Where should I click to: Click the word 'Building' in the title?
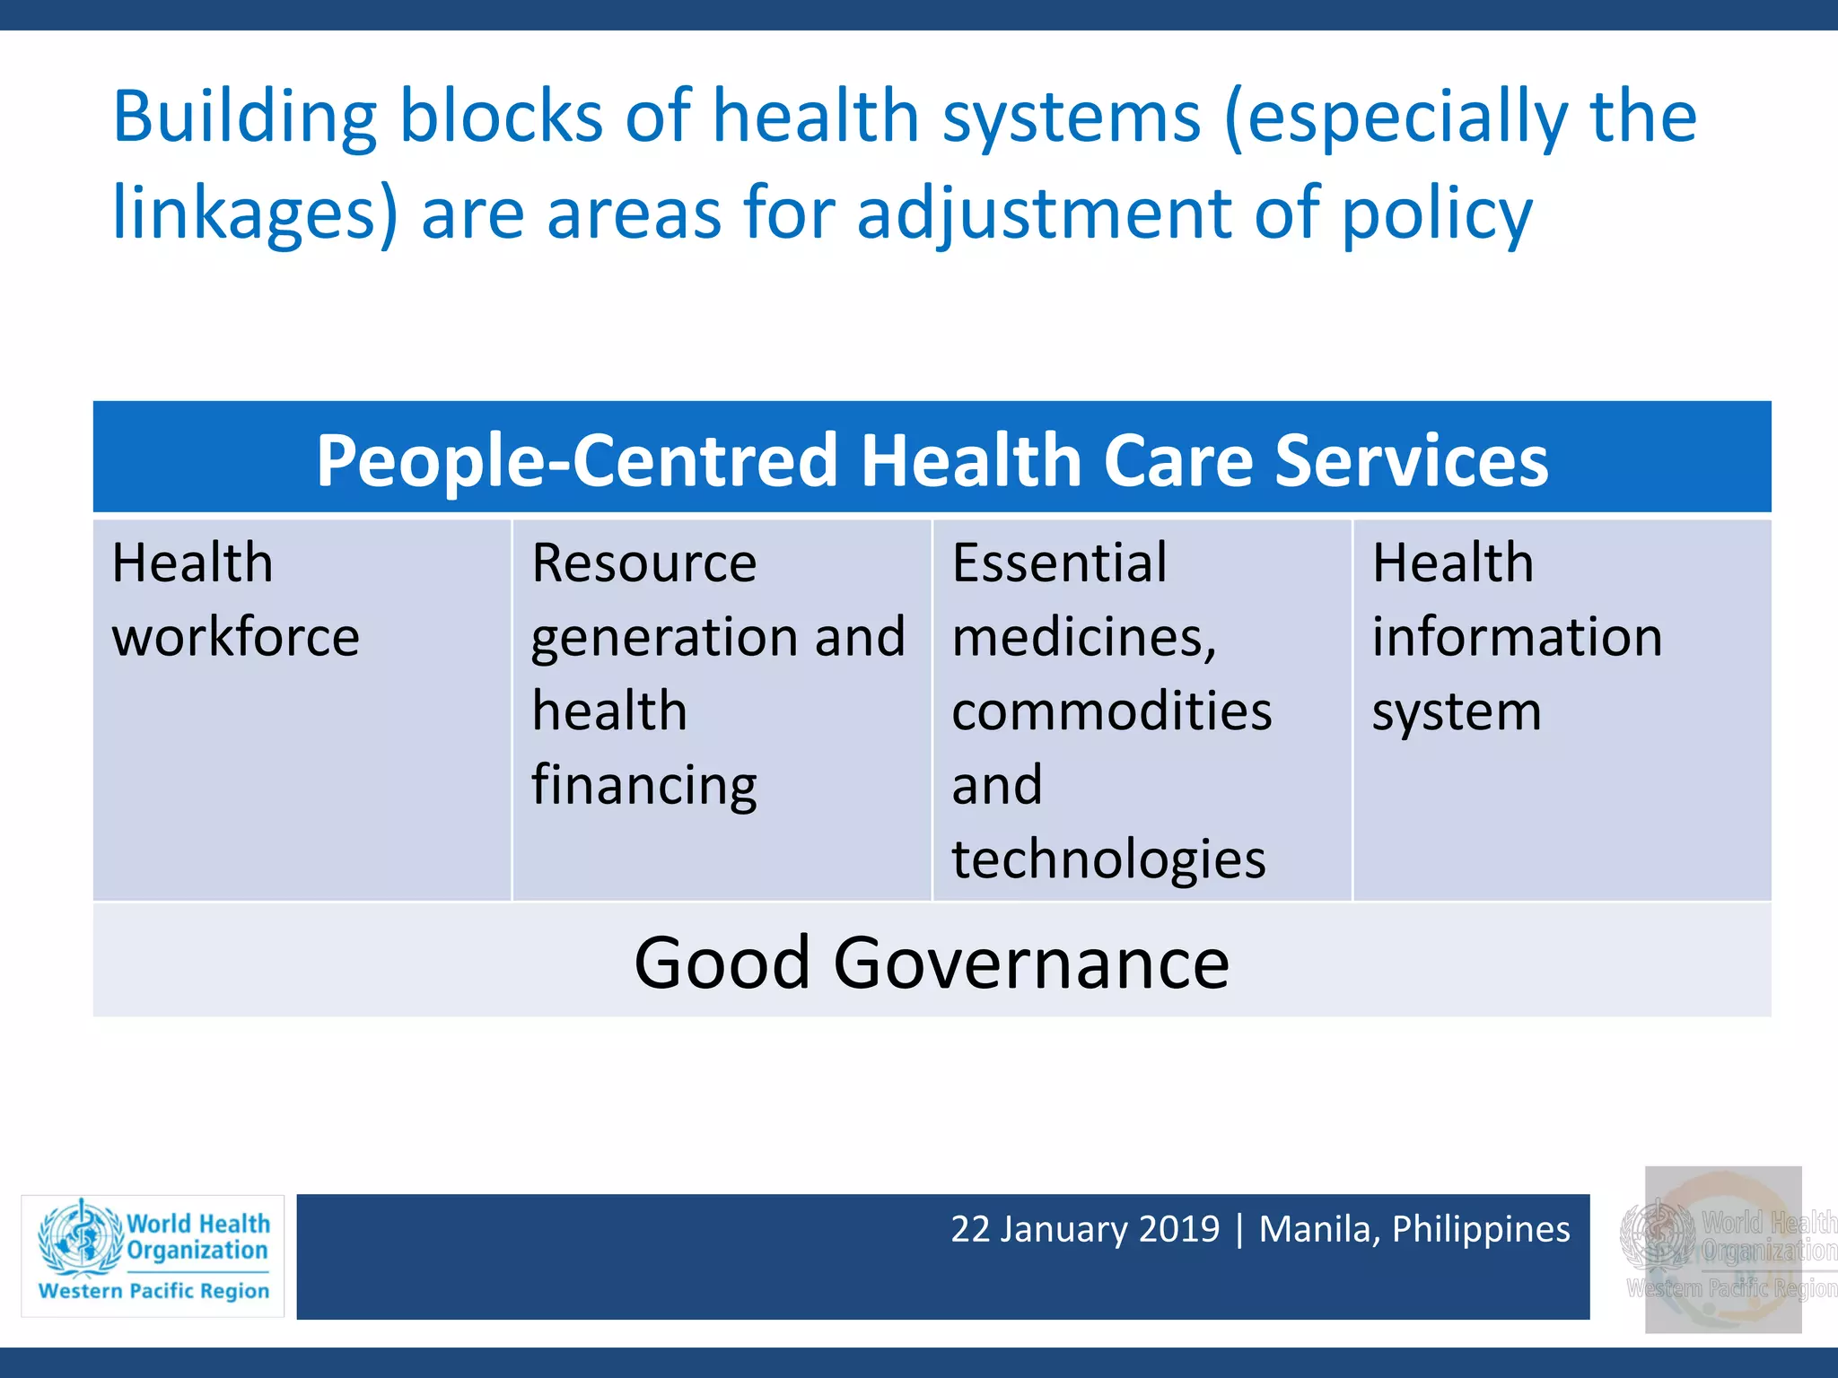(x=244, y=118)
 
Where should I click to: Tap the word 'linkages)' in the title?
(x=254, y=215)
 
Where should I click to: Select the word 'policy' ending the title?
(x=1437, y=215)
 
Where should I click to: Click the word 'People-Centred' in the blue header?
(x=576, y=461)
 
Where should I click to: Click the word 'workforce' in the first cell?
(x=235, y=638)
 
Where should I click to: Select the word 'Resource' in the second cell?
(x=643, y=564)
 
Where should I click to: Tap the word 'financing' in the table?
(x=643, y=787)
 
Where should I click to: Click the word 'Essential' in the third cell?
(x=1059, y=564)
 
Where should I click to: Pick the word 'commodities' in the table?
(x=1111, y=712)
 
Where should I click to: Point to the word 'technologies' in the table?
(x=1108, y=860)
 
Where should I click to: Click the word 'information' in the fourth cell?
(x=1517, y=638)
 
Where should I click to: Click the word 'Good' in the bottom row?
(x=722, y=964)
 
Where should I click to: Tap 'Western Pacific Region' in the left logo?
(x=153, y=1291)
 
